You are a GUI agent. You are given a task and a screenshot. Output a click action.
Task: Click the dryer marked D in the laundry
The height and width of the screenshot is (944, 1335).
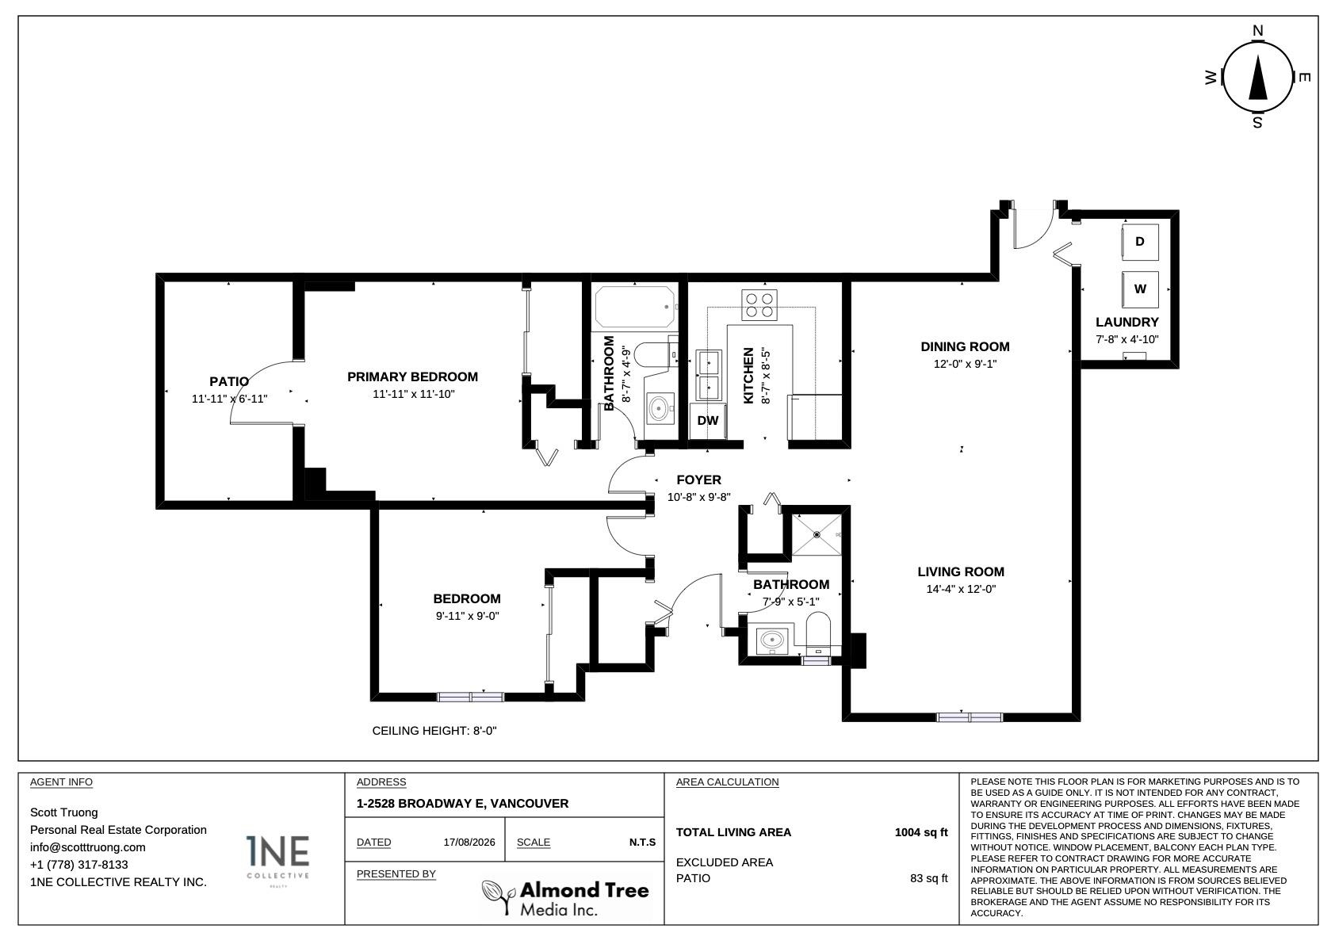click(1140, 242)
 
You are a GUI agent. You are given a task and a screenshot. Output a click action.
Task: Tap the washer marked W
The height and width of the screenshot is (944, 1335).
click(1140, 289)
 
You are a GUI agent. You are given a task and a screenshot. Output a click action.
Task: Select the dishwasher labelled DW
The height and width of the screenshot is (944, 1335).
click(708, 421)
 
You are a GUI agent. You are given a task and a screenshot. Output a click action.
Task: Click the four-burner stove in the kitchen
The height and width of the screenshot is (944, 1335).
click(759, 305)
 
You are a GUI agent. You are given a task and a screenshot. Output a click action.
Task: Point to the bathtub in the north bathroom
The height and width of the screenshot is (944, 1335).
click(635, 307)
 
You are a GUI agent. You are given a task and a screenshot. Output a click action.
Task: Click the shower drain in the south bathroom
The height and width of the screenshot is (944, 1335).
click(817, 535)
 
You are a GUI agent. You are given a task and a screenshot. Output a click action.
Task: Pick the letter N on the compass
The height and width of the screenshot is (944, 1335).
click(1257, 31)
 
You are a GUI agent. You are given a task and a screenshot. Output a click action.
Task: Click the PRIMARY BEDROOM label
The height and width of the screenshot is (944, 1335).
click(412, 376)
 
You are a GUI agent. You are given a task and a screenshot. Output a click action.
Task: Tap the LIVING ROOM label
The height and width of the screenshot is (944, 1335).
click(961, 571)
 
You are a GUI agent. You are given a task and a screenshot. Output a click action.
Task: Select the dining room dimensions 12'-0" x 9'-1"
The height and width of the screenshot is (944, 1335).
click(965, 364)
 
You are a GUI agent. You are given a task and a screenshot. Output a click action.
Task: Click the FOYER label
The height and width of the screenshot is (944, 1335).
click(699, 480)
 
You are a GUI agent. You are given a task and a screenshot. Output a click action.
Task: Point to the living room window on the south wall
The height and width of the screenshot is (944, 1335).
click(970, 717)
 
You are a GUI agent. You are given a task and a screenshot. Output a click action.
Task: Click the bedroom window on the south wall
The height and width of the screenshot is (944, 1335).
click(471, 697)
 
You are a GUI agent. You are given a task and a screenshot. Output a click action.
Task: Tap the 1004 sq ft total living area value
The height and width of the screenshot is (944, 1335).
click(921, 832)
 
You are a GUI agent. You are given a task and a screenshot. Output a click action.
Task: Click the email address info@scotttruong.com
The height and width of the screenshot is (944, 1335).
click(88, 847)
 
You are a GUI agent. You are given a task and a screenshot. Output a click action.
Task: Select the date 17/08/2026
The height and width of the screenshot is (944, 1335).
click(469, 842)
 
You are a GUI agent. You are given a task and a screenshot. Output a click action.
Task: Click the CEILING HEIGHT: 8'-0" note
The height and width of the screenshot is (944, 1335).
click(434, 731)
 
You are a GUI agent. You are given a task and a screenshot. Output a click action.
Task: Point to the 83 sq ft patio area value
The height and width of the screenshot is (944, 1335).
click(928, 878)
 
